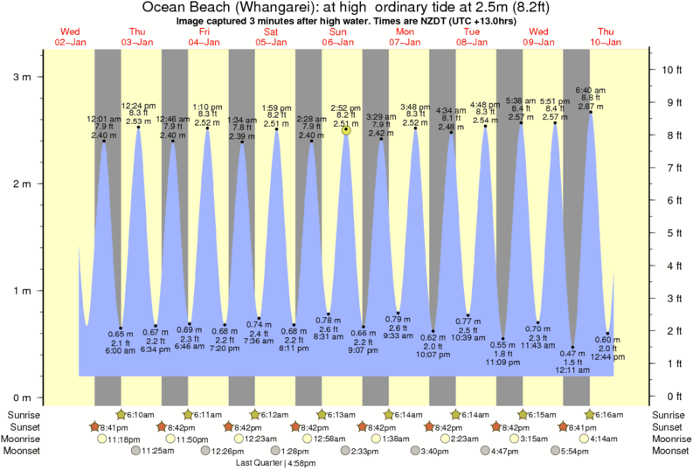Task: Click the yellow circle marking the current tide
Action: [347, 129]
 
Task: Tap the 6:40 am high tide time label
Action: [590, 89]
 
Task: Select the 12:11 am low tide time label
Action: [573, 370]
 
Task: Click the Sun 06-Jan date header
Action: [338, 37]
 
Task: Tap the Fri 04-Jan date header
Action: [204, 37]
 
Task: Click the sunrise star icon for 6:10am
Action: [121, 414]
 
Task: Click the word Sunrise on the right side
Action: [669, 414]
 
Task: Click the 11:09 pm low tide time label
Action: [503, 361]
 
